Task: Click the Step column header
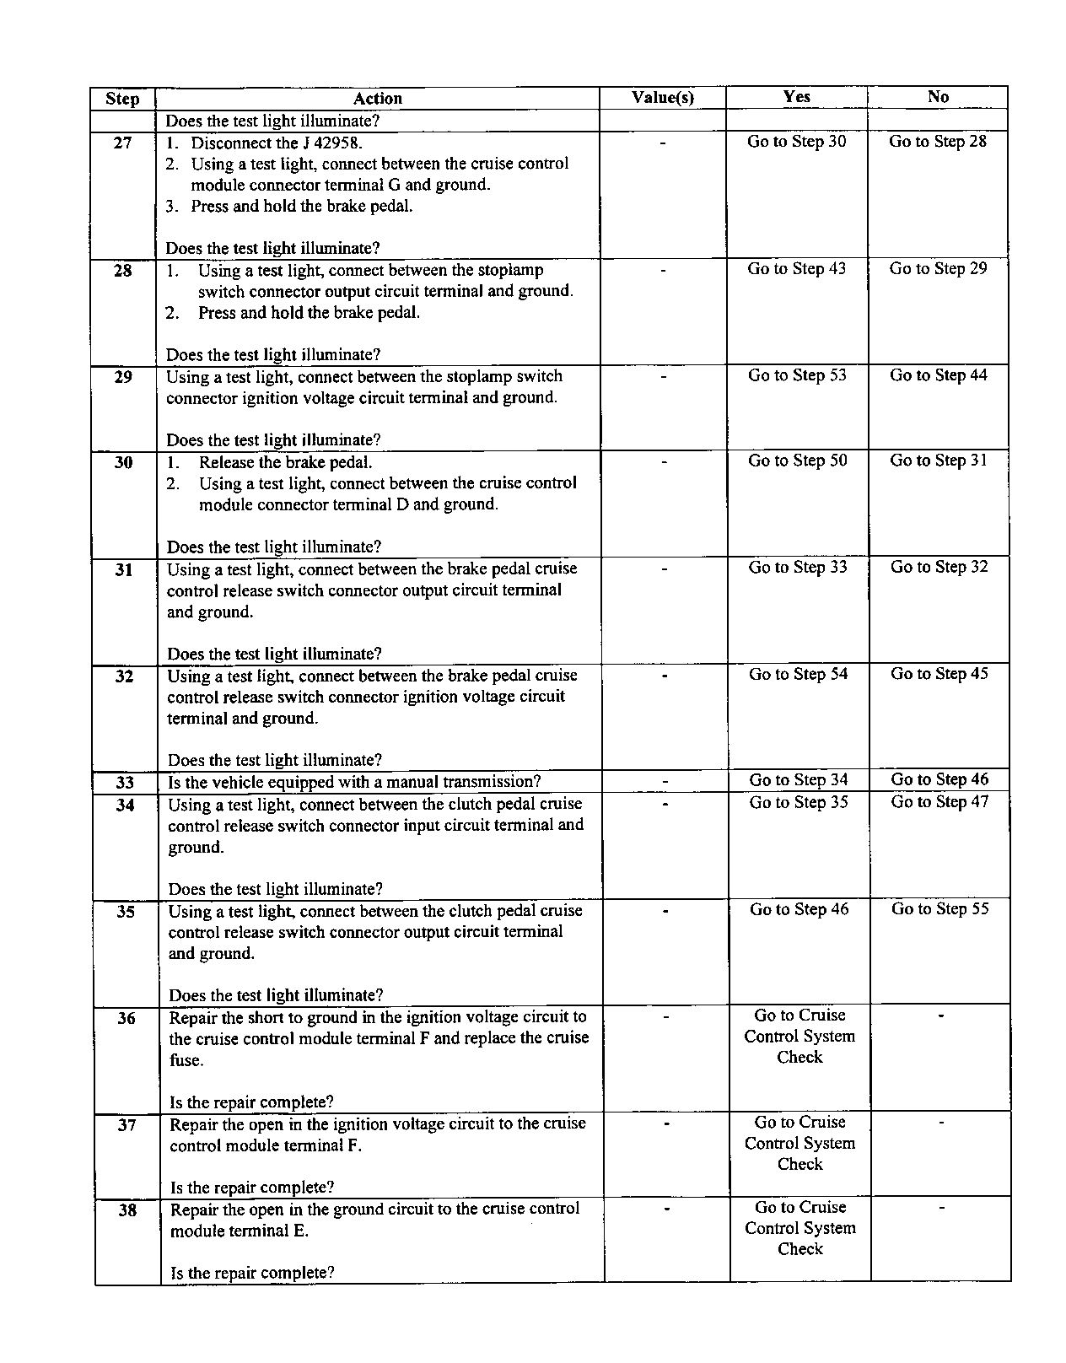point(122,99)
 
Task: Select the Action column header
point(377,99)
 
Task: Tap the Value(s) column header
point(662,98)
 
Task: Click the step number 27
point(122,143)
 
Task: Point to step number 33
point(125,783)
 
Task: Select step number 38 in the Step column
point(127,1210)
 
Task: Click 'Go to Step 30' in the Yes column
point(796,142)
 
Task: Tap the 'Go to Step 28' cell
point(937,142)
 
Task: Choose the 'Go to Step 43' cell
point(796,269)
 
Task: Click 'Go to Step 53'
point(797,375)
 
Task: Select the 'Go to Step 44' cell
point(938,375)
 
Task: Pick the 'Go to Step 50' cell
point(797,461)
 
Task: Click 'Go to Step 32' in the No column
point(939,567)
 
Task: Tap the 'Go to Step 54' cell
point(798,674)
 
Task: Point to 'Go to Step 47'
point(939,802)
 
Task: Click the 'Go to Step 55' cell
point(940,909)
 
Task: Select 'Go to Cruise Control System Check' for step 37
point(799,1143)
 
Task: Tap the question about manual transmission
point(354,783)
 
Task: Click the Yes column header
point(796,97)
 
